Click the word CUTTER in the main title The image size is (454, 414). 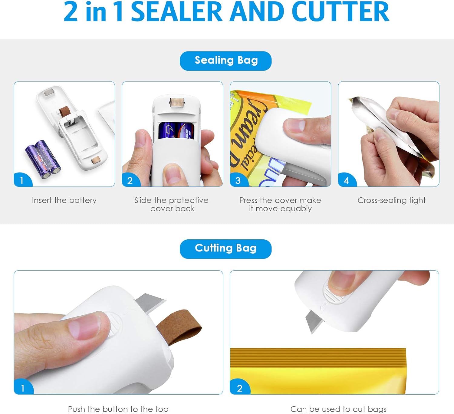(340, 12)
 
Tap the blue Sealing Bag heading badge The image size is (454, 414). (226, 61)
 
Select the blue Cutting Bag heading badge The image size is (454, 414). (226, 249)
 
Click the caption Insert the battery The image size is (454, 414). (64, 200)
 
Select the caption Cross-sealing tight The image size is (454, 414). (392, 200)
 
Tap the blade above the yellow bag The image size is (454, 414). (314, 321)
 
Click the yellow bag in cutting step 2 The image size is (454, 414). (318, 371)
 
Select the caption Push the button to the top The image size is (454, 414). (118, 409)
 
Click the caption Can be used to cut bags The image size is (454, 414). (338, 409)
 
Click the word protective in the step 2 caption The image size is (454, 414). (189, 201)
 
